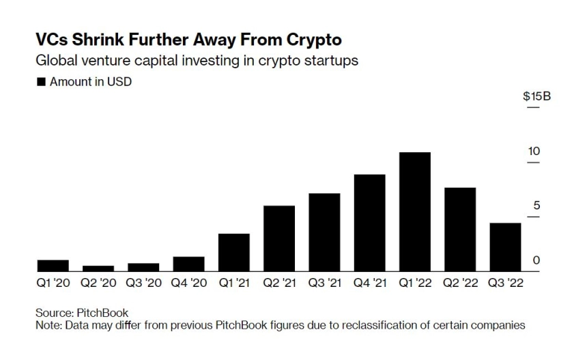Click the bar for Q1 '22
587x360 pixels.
coord(414,212)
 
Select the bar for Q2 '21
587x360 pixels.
coord(279,238)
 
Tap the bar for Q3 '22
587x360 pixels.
coord(505,247)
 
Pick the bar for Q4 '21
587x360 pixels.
coord(369,223)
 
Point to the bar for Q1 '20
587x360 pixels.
coord(53,266)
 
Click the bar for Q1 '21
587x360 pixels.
coord(234,253)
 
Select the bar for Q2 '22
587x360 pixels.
coord(459,230)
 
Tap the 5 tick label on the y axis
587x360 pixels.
coord(536,206)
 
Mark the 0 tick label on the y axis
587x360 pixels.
coord(536,260)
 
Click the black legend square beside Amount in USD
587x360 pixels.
coord(41,82)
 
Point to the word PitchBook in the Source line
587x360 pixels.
coord(101,313)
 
